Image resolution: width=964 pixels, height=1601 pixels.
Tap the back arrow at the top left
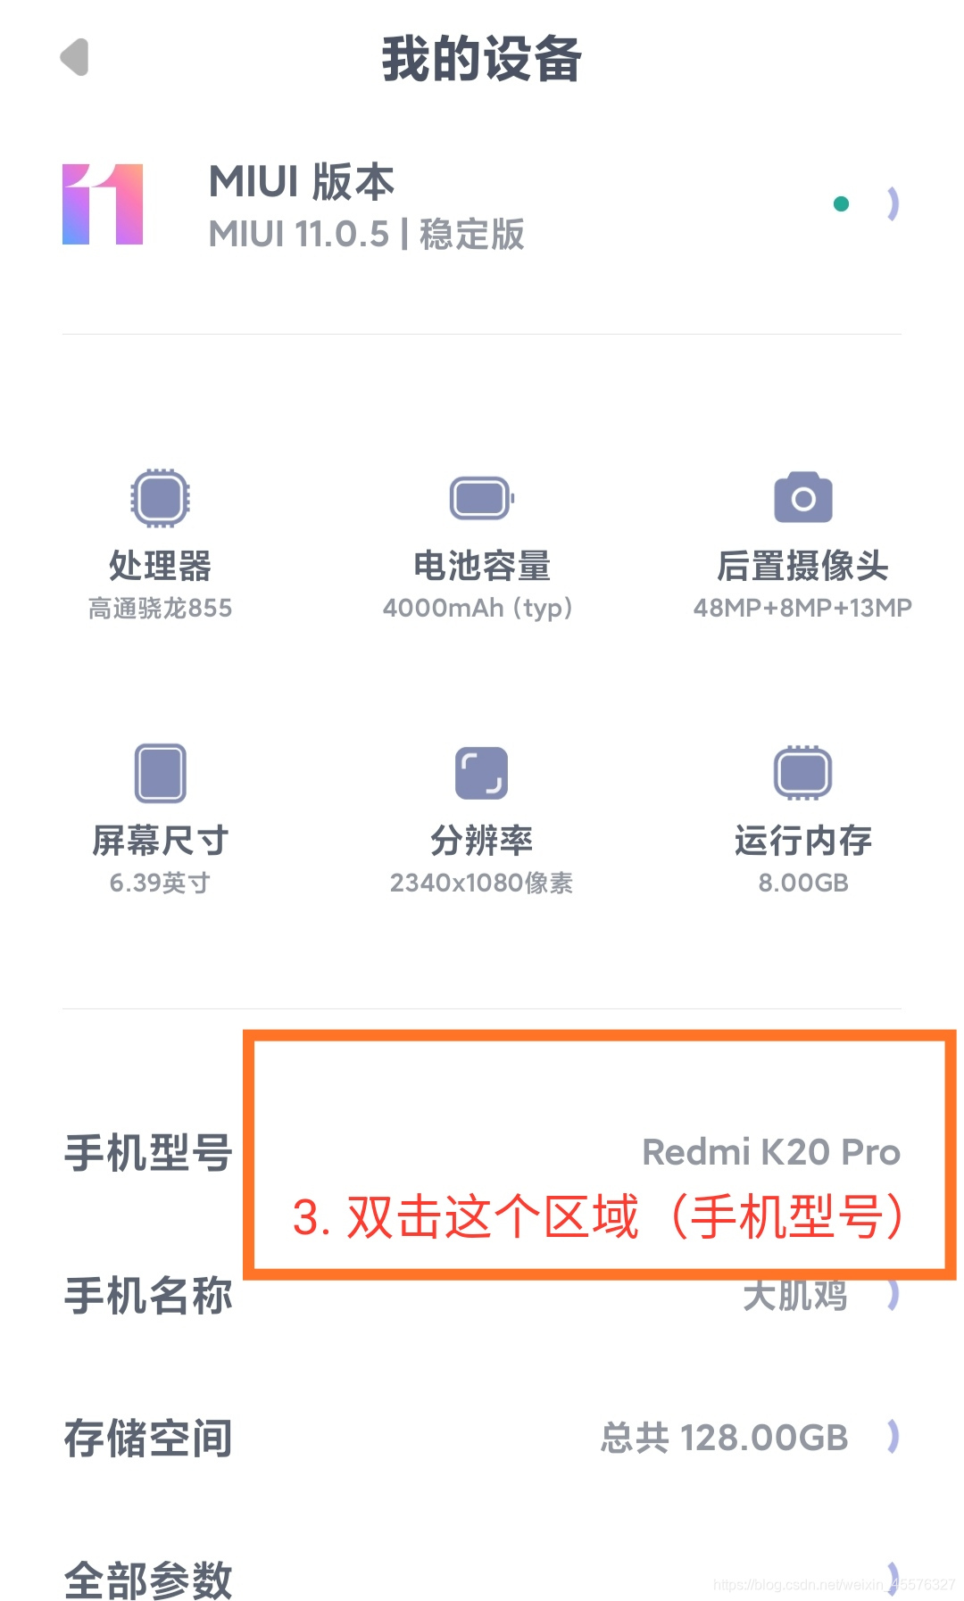pyautogui.click(x=75, y=58)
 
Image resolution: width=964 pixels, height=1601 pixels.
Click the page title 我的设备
pyautogui.click(x=481, y=59)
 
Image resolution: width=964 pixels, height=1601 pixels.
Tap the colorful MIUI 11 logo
pyautogui.click(x=103, y=204)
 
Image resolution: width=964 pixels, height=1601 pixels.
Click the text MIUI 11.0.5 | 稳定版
pyautogui.click(x=366, y=235)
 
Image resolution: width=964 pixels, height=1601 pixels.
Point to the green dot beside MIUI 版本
pyautogui.click(x=841, y=204)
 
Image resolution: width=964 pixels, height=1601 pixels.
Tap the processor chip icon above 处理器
pyautogui.click(x=160, y=497)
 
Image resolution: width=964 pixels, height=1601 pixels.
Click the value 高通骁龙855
pyautogui.click(x=160, y=609)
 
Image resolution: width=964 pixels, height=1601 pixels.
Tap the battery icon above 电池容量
pyautogui.click(x=481, y=498)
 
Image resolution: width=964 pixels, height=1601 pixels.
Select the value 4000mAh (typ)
pyautogui.click(x=478, y=609)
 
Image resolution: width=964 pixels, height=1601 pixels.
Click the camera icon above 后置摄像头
pyautogui.click(x=802, y=497)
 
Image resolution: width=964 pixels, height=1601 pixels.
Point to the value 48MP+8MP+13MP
pyautogui.click(x=802, y=609)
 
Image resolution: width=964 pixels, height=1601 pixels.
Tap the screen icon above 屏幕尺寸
pyautogui.click(x=160, y=773)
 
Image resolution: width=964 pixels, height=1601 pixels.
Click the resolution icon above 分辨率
pyautogui.click(x=481, y=773)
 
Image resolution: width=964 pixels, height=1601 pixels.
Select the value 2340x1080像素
pyautogui.click(x=481, y=883)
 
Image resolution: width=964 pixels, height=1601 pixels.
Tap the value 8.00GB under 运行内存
pyautogui.click(x=802, y=883)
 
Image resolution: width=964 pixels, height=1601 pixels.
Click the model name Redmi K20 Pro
pyautogui.click(x=771, y=1152)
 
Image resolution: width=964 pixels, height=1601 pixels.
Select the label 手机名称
pyautogui.click(x=148, y=1295)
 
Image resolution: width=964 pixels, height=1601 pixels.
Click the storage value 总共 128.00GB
pyautogui.click(x=724, y=1438)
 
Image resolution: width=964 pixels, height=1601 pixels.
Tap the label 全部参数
pyautogui.click(x=148, y=1580)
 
